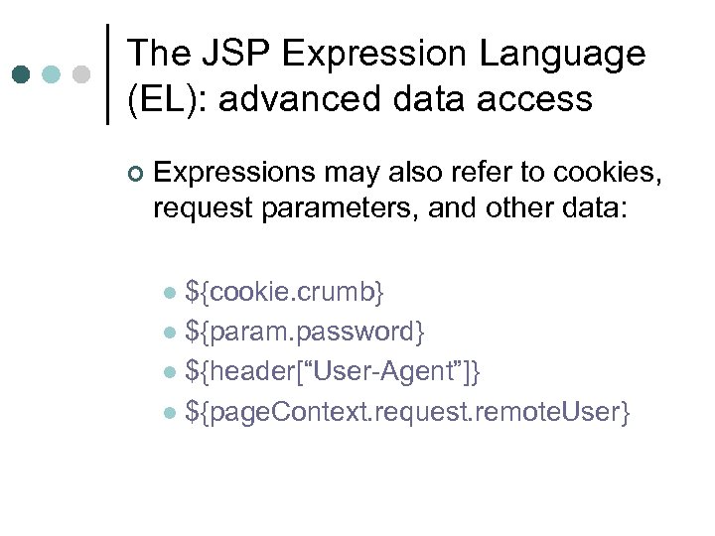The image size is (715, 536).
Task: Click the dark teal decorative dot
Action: click(x=21, y=74)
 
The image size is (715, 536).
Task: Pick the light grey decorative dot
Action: click(x=82, y=74)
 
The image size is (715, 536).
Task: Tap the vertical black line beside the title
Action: click(x=107, y=74)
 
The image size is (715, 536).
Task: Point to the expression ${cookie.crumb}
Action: click(x=285, y=292)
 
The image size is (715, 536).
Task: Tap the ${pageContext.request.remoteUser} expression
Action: click(x=407, y=411)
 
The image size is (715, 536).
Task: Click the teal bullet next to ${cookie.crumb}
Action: click(x=170, y=293)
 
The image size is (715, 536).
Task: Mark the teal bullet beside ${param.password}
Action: click(x=170, y=333)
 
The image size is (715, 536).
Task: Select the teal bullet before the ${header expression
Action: click(x=170, y=372)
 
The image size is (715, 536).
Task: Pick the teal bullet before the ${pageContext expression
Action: click(x=170, y=412)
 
